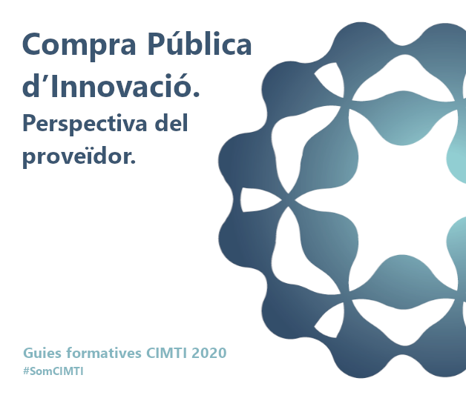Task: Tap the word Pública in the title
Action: tap(200, 43)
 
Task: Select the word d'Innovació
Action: tap(111, 85)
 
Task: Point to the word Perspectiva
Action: tap(85, 124)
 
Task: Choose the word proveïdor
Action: tap(79, 156)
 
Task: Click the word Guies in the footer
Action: tap(42, 354)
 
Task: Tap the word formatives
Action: tap(104, 353)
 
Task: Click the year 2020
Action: tap(209, 354)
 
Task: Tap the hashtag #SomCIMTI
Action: tap(53, 371)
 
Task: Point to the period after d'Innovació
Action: tap(196, 94)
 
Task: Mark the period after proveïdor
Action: tap(133, 161)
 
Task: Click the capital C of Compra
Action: tap(32, 44)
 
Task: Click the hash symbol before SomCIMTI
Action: tap(26, 371)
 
